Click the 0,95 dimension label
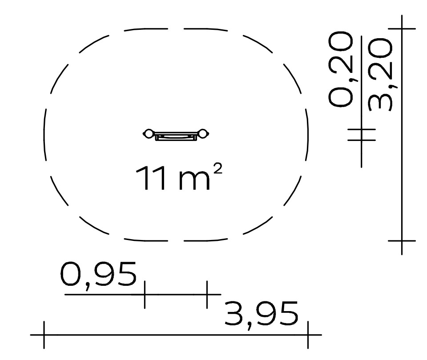(x=98, y=275)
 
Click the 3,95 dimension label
(x=262, y=315)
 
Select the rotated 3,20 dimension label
(x=380, y=74)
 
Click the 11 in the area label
(x=151, y=178)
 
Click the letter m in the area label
(x=194, y=181)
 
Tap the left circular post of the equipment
(x=149, y=134)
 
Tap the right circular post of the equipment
(x=203, y=134)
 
